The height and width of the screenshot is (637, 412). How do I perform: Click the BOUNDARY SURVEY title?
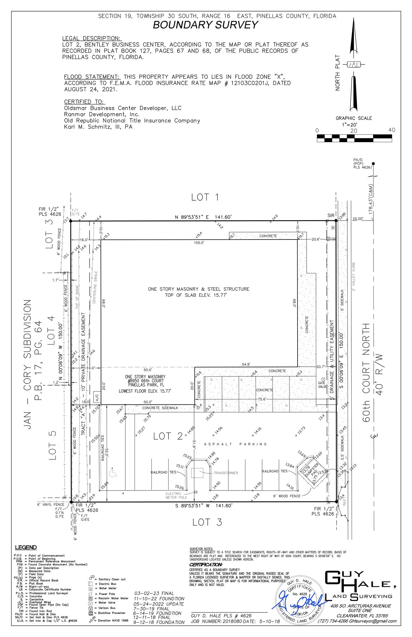pos(206,25)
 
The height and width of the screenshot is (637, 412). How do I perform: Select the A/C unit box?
pos(97,397)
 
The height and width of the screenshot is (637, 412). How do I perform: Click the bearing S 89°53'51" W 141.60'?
pos(203,506)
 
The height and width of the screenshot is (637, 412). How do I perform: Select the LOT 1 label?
pos(205,197)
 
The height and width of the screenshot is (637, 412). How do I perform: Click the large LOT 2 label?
pos(168,436)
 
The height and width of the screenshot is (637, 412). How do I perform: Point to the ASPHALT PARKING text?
pos(235,444)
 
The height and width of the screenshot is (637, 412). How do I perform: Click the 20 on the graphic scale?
pos(354,131)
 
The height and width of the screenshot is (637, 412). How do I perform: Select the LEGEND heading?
pos(26,547)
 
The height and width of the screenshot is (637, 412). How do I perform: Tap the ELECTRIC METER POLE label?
pos(176,495)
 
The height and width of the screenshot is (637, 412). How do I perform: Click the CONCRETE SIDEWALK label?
pos(160,408)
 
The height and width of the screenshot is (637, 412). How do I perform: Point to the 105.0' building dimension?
pos(199,243)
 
